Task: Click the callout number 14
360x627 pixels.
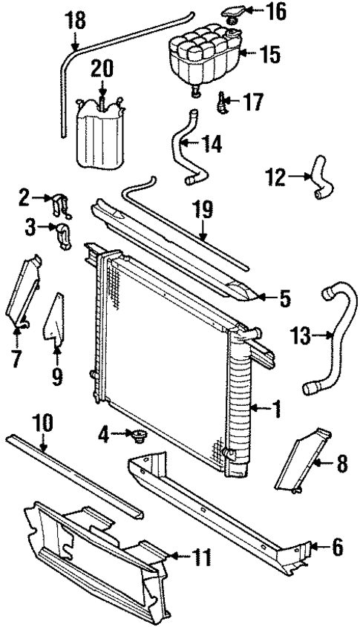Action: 212,144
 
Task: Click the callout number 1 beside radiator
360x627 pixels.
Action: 276,407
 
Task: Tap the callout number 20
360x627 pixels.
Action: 103,68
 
